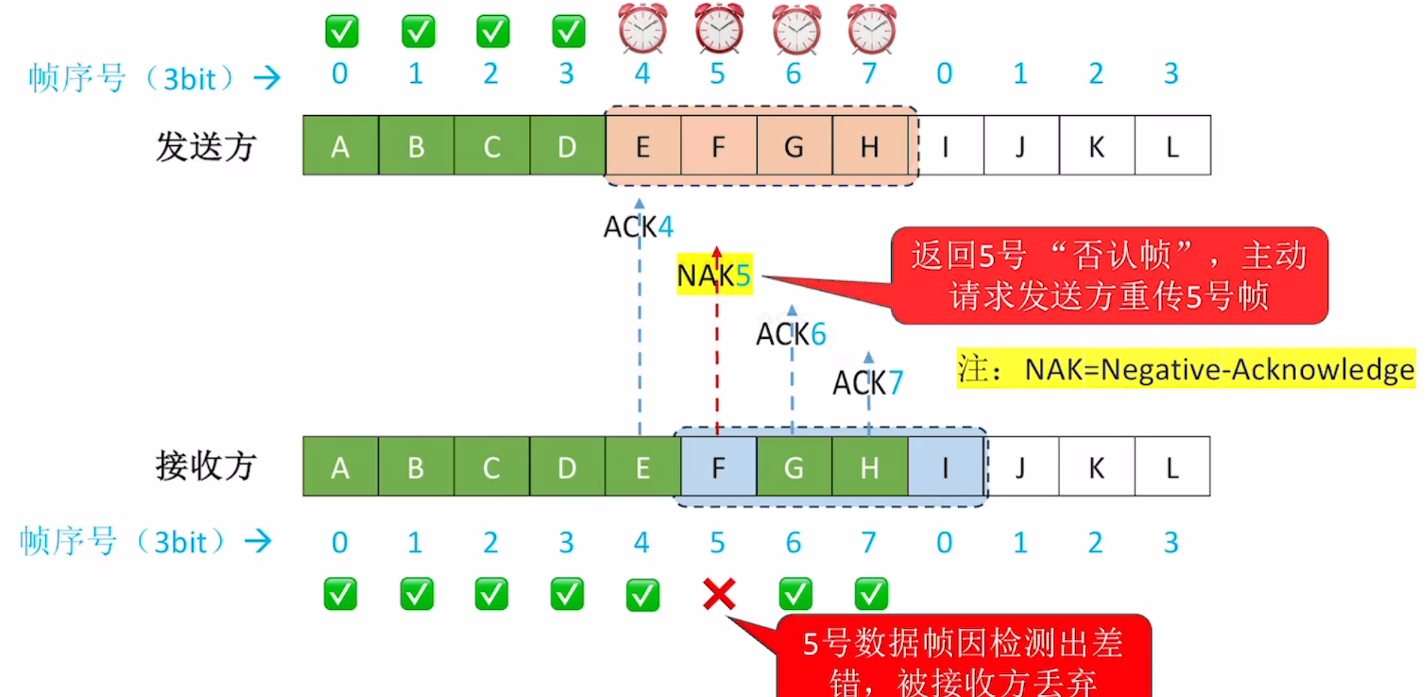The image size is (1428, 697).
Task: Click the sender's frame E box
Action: click(x=643, y=146)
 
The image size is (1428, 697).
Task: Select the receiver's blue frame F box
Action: click(x=718, y=468)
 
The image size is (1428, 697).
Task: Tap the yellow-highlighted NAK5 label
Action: click(x=714, y=275)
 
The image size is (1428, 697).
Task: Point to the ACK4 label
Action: click(x=638, y=227)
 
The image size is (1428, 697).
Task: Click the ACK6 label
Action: click(x=790, y=334)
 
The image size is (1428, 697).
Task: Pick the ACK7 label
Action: click(x=867, y=383)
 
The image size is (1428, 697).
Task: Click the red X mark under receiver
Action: click(x=719, y=594)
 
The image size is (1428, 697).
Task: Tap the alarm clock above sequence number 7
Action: click(x=871, y=29)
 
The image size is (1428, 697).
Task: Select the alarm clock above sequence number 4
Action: click(x=643, y=29)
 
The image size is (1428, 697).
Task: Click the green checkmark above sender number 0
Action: click(x=341, y=32)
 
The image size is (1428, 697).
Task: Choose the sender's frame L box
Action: click(x=1172, y=146)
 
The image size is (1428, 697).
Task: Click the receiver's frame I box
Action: click(x=945, y=468)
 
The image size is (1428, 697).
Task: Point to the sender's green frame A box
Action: click(x=340, y=146)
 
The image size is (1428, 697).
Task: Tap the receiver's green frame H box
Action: click(x=869, y=468)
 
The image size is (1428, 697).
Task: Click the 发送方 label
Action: click(x=206, y=147)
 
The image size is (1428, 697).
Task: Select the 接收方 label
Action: click(x=206, y=466)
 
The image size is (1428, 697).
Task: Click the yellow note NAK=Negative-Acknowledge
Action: click(x=1185, y=369)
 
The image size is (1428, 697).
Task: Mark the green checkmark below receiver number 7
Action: click(x=871, y=594)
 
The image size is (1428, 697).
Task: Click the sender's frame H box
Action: click(x=869, y=146)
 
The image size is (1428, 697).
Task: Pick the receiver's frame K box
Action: click(x=1096, y=468)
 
